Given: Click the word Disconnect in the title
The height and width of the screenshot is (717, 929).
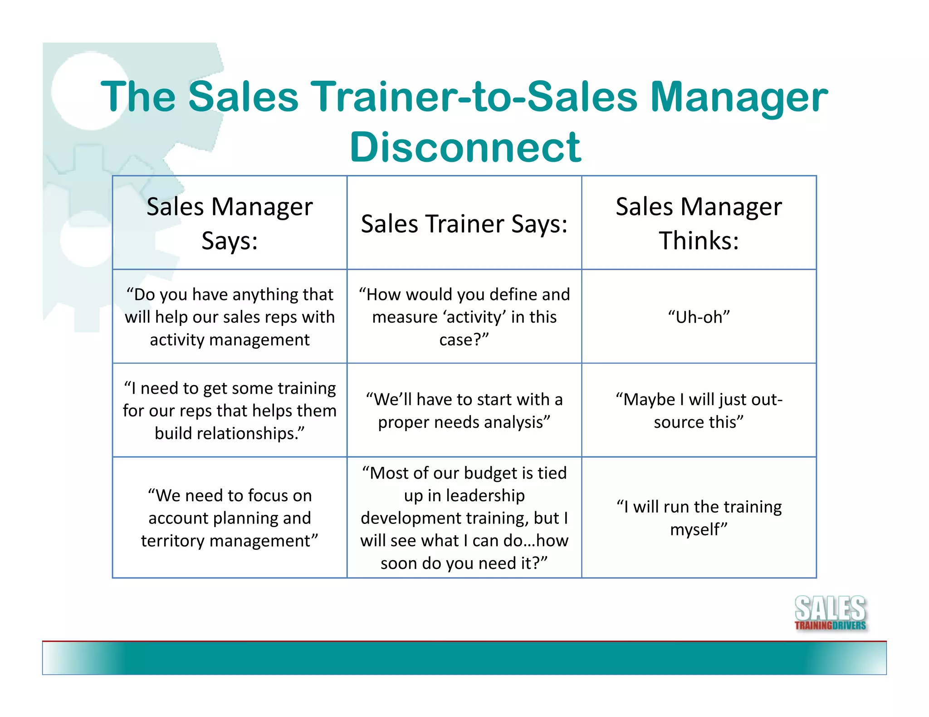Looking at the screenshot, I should pyautogui.click(x=465, y=147).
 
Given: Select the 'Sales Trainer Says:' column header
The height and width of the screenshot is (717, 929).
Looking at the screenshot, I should pyautogui.click(x=464, y=223).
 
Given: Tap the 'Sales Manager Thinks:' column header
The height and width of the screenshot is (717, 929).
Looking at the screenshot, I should pyautogui.click(x=699, y=223).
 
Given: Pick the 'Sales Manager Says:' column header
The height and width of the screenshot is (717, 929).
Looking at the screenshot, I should pyautogui.click(x=230, y=223).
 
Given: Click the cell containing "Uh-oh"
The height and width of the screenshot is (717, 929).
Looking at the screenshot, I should pyautogui.click(x=699, y=317).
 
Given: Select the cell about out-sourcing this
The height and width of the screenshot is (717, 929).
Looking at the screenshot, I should pyautogui.click(x=699, y=411).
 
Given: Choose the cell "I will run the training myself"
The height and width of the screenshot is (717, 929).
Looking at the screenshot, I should pyautogui.click(x=699, y=518).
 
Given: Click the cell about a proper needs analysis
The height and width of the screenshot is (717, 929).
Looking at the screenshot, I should pyautogui.click(x=464, y=411).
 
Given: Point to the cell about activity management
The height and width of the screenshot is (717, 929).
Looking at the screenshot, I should pyautogui.click(x=230, y=317).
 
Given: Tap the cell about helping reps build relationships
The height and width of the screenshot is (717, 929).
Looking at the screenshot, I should pyautogui.click(x=230, y=411).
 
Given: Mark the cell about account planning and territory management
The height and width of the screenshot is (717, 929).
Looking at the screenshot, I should pyautogui.click(x=230, y=518).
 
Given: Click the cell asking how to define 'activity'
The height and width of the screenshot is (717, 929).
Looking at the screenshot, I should pyautogui.click(x=464, y=317).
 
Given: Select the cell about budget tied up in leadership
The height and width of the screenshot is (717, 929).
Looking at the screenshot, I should pyautogui.click(x=464, y=518).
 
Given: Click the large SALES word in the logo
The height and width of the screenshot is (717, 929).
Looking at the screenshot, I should pyautogui.click(x=830, y=608).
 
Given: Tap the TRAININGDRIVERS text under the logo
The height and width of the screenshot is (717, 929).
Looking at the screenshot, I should pyautogui.click(x=830, y=626).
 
